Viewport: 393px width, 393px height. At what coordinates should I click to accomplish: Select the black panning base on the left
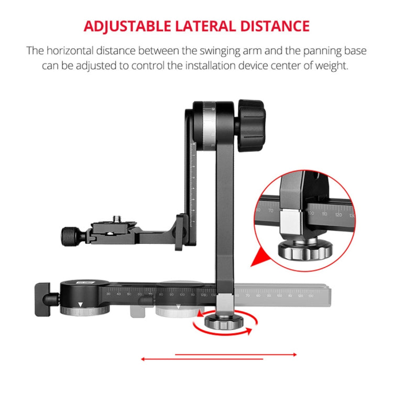point(84,297)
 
